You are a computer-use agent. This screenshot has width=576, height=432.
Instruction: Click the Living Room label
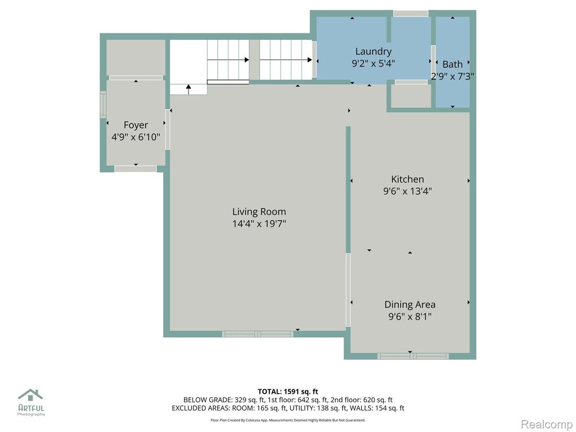[259, 211]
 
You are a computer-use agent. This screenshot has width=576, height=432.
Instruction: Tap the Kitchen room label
[407, 179]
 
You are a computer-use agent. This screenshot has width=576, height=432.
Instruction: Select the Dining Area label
[410, 304]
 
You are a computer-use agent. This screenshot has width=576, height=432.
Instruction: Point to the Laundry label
[373, 51]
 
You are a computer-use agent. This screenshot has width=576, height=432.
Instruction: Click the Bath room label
[452, 64]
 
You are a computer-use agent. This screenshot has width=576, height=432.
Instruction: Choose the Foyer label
[136, 125]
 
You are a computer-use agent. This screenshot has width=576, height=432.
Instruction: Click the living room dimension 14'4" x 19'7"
[259, 223]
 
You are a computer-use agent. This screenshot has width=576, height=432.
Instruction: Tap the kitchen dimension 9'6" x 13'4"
[407, 191]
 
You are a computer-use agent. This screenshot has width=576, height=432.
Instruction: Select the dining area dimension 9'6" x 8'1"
[410, 316]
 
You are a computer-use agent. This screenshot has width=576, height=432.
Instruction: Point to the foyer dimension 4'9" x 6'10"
[136, 137]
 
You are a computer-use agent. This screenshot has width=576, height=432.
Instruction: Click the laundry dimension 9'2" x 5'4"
[373, 63]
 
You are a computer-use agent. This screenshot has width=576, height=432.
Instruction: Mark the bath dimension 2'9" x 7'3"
[453, 76]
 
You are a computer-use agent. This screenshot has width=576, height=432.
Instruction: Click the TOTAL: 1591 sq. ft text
[288, 391]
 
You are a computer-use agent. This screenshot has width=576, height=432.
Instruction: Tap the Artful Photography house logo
[30, 395]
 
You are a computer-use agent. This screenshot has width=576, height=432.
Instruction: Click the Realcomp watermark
[546, 424]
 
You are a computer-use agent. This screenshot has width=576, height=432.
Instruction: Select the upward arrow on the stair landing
[188, 89]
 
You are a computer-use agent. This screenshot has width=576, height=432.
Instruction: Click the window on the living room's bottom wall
[258, 334]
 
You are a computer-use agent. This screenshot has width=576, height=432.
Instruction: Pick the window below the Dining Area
[413, 356]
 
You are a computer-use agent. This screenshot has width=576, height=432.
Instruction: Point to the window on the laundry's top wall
[411, 13]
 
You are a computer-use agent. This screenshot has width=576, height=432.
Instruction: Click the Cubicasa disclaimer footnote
[288, 420]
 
